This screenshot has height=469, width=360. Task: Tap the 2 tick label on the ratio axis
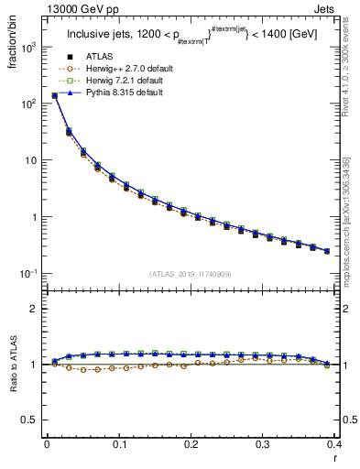click(34, 309)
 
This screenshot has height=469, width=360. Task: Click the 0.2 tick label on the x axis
click(191, 444)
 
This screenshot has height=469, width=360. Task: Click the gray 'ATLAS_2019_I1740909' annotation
click(191, 274)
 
